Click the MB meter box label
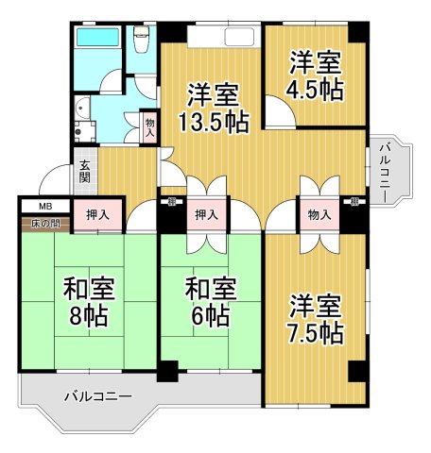click(44, 205)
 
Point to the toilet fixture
click(143, 40)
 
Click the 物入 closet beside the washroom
click(149, 126)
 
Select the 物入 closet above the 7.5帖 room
click(319, 215)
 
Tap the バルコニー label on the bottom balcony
click(98, 396)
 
